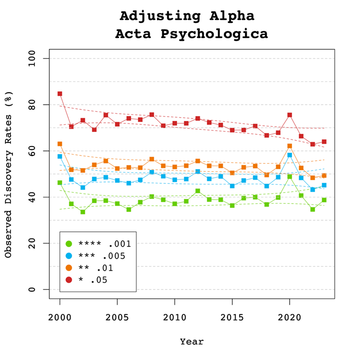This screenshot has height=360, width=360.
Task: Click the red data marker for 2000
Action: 60,94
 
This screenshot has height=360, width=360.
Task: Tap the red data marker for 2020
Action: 290,115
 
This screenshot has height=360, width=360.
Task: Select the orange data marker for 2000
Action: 60,144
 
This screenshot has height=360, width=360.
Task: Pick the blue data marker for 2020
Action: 290,155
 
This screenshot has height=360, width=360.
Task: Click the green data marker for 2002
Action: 83,212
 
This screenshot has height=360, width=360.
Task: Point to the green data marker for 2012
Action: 198,191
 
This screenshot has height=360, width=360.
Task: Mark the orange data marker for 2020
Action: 290,146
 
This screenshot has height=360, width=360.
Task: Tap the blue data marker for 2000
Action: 60,156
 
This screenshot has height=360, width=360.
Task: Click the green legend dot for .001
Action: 69,243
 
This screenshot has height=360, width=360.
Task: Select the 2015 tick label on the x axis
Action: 232,318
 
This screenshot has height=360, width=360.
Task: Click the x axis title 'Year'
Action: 192,342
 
